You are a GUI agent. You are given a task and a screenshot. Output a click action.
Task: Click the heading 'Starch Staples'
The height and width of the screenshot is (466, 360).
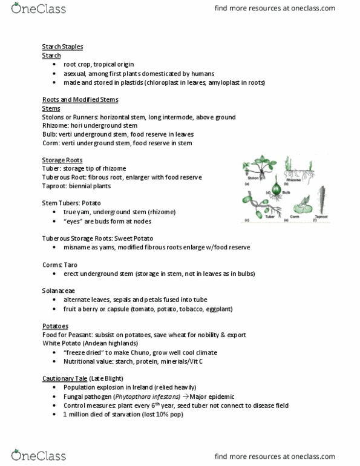63,47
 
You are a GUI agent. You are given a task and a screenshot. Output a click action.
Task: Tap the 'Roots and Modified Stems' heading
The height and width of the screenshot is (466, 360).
80,100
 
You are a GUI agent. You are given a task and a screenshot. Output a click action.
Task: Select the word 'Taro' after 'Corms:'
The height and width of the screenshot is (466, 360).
71,264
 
